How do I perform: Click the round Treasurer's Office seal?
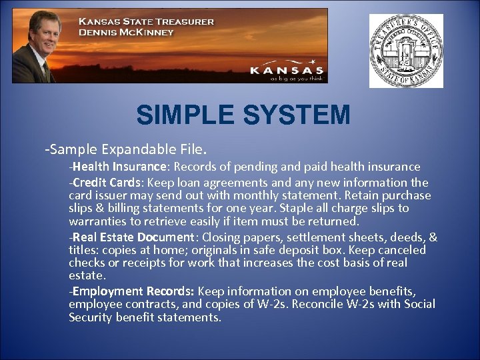[x=406, y=51]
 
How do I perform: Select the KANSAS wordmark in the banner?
[x=287, y=69]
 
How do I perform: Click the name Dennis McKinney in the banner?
[x=126, y=32]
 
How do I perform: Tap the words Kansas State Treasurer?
[x=147, y=21]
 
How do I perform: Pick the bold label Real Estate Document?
[x=133, y=237]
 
